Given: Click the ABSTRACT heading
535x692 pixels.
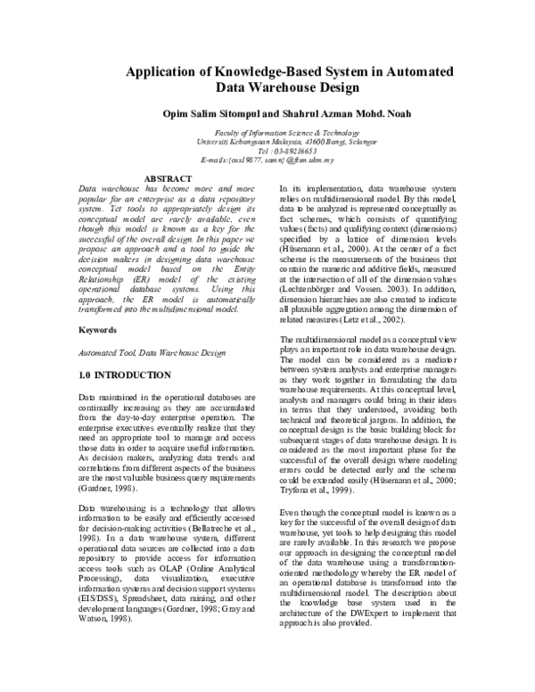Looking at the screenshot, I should (168, 179).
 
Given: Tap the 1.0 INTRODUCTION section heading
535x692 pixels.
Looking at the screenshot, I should (126, 350).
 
